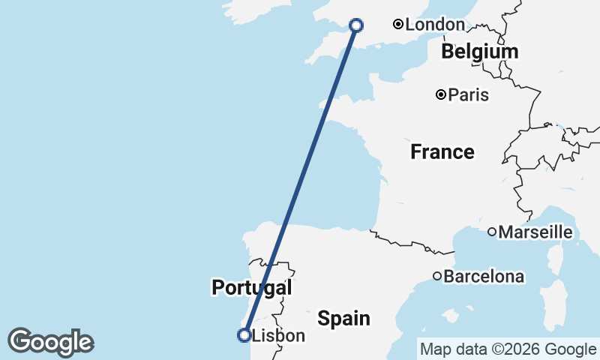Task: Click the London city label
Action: pyautogui.click(x=435, y=25)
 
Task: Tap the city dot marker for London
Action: pyautogui.click(x=399, y=25)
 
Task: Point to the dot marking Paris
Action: pyautogui.click(x=442, y=94)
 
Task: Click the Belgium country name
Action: pyautogui.click(x=480, y=52)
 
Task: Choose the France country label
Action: pyautogui.click(x=442, y=152)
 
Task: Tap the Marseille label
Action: pyautogui.click(x=535, y=232)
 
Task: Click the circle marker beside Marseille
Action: pyautogui.click(x=492, y=232)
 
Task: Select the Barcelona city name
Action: pyautogui.click(x=484, y=277)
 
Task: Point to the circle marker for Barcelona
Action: pyautogui.click(x=437, y=276)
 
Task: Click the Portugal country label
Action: pyautogui.click(x=251, y=287)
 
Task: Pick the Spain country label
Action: pyautogui.click(x=343, y=318)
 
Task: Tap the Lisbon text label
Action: pyautogui.click(x=278, y=336)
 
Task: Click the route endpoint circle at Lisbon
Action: pyautogui.click(x=244, y=335)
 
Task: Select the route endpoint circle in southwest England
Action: pyautogui.click(x=356, y=25)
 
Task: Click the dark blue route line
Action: pyautogui.click(x=300, y=180)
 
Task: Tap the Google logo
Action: pyautogui.click(x=50, y=342)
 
